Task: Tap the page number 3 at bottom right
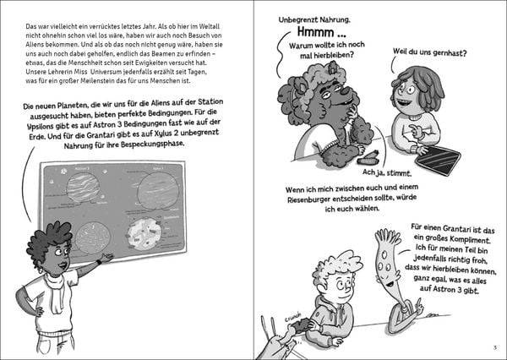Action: coord(493,347)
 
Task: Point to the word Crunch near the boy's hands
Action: coord(293,322)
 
